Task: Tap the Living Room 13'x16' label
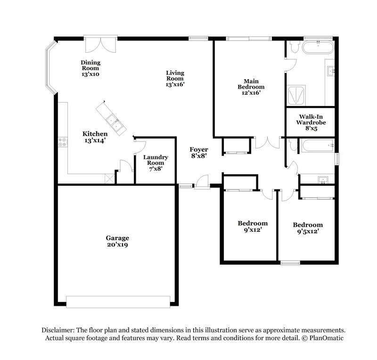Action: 175,79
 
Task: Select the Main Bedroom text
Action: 250,87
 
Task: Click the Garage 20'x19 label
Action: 117,241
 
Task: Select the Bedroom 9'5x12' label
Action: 307,228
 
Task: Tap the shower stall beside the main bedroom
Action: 296,96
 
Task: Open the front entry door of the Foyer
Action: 203,182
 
